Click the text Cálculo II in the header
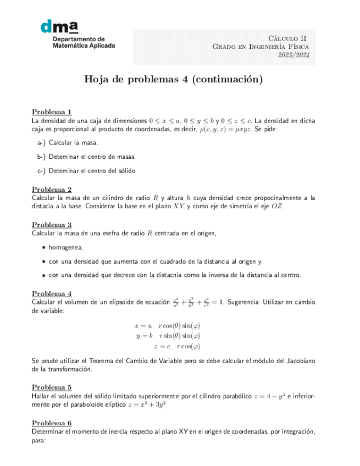tap(287, 37)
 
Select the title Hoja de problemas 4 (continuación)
tap(173, 79)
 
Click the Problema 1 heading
tap(51, 112)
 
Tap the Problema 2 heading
tap(51, 190)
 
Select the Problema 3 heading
tap(51, 224)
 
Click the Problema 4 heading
tap(51, 293)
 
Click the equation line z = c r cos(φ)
tap(176, 346)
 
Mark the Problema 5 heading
tap(51, 386)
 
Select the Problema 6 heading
tap(51, 423)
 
